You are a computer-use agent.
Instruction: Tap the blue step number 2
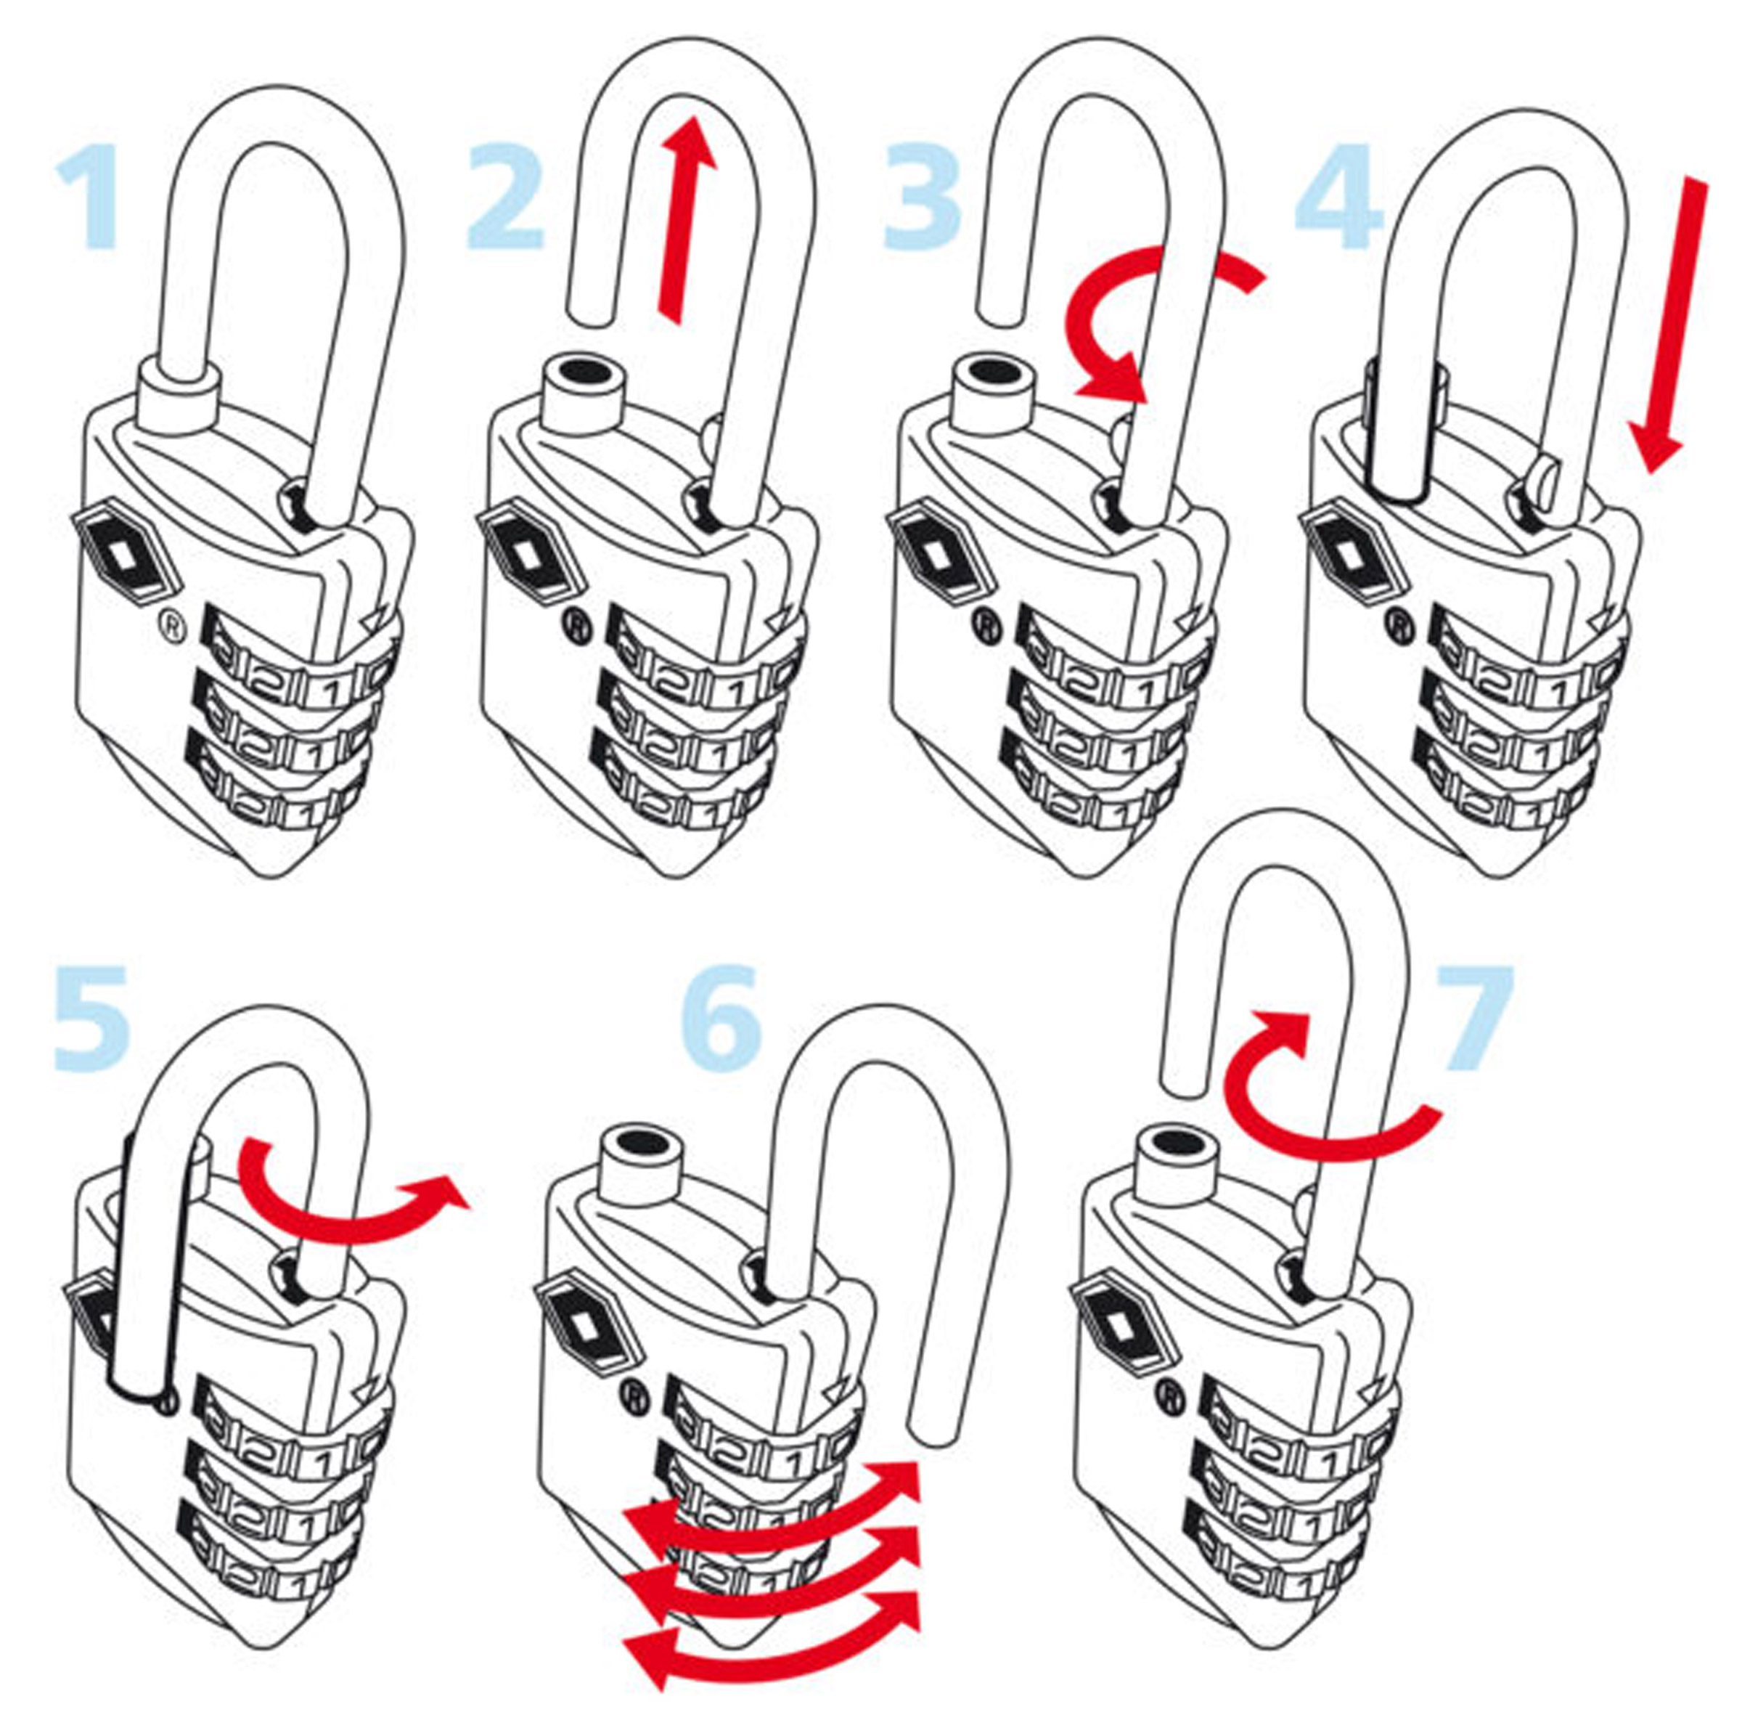[x=506, y=197]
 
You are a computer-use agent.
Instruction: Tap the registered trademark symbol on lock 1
[x=171, y=625]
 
